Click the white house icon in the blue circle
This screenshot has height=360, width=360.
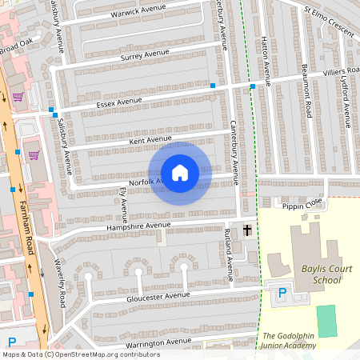coord(180,173)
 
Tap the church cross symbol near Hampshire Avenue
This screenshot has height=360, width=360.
coord(247,230)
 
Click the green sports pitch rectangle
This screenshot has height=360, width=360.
coord(326,321)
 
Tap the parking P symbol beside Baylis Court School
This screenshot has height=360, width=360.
coord(281,294)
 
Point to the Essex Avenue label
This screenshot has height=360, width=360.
coord(118,101)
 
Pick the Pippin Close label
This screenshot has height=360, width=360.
coord(302,205)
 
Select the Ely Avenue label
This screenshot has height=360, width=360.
coord(123,205)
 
